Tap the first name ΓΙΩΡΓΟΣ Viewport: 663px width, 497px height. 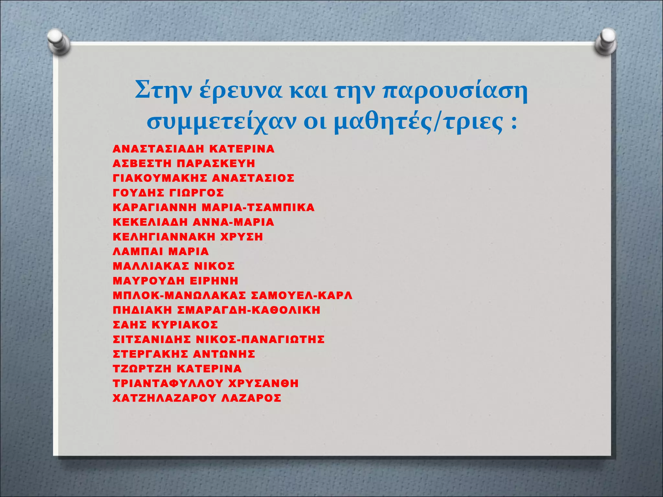click(x=197, y=193)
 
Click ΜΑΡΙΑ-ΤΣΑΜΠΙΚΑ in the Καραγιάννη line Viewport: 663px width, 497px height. click(x=258, y=207)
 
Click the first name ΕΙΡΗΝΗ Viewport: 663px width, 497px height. click(x=214, y=281)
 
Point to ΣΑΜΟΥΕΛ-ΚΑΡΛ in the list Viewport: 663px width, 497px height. click(x=301, y=295)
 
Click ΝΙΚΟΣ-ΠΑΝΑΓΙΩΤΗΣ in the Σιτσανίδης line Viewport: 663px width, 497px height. click(x=260, y=339)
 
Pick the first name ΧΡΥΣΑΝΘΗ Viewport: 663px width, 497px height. click(x=263, y=383)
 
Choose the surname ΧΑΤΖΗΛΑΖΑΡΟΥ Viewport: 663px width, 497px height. click(x=164, y=398)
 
